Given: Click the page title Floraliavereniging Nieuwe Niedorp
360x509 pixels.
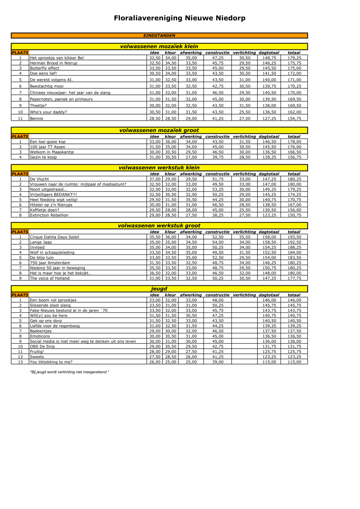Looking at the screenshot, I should coord(180,18).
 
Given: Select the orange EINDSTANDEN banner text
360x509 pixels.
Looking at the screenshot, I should coord(159,36).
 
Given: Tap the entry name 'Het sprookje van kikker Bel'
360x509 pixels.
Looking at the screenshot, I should coord(57,58).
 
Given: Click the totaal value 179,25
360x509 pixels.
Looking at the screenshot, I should coord(294,58).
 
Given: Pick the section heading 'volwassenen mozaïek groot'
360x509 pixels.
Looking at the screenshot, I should coord(159,130).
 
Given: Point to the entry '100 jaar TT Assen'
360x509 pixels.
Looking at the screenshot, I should coord(47,147).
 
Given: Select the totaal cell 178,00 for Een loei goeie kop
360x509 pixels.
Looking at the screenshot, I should coord(294,142).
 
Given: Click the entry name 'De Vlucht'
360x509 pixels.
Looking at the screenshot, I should coord(39,179).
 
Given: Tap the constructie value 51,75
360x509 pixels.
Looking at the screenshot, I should coord(218,179).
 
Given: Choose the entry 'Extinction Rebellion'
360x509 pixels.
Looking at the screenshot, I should coord(49,215).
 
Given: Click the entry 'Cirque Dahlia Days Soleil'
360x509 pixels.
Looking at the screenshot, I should coord(54,237).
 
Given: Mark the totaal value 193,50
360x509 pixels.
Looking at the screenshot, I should coord(294,237).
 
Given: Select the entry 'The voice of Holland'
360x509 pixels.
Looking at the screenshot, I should coord(50,278).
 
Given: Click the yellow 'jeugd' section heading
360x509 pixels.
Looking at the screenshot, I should coord(159,289).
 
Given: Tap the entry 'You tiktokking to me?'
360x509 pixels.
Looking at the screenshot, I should coord(51,362).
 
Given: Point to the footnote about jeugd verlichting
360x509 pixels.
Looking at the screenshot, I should coord(70,372).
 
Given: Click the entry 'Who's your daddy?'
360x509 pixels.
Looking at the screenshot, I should coord(48,112).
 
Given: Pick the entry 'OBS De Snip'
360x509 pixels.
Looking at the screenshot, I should coord(42,346).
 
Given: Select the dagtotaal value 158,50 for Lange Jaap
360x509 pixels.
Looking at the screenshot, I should coord(269,242).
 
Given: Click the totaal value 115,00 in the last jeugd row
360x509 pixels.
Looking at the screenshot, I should coord(294,362).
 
